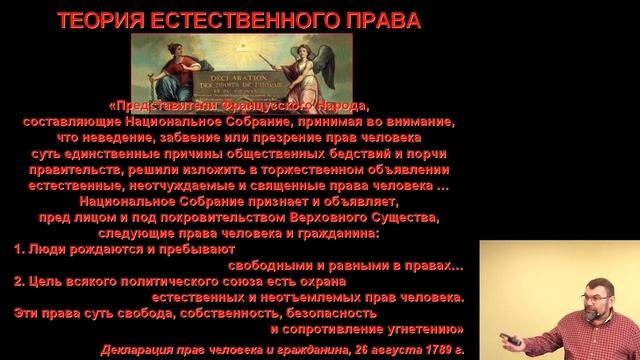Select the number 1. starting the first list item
19,248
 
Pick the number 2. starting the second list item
19,281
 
